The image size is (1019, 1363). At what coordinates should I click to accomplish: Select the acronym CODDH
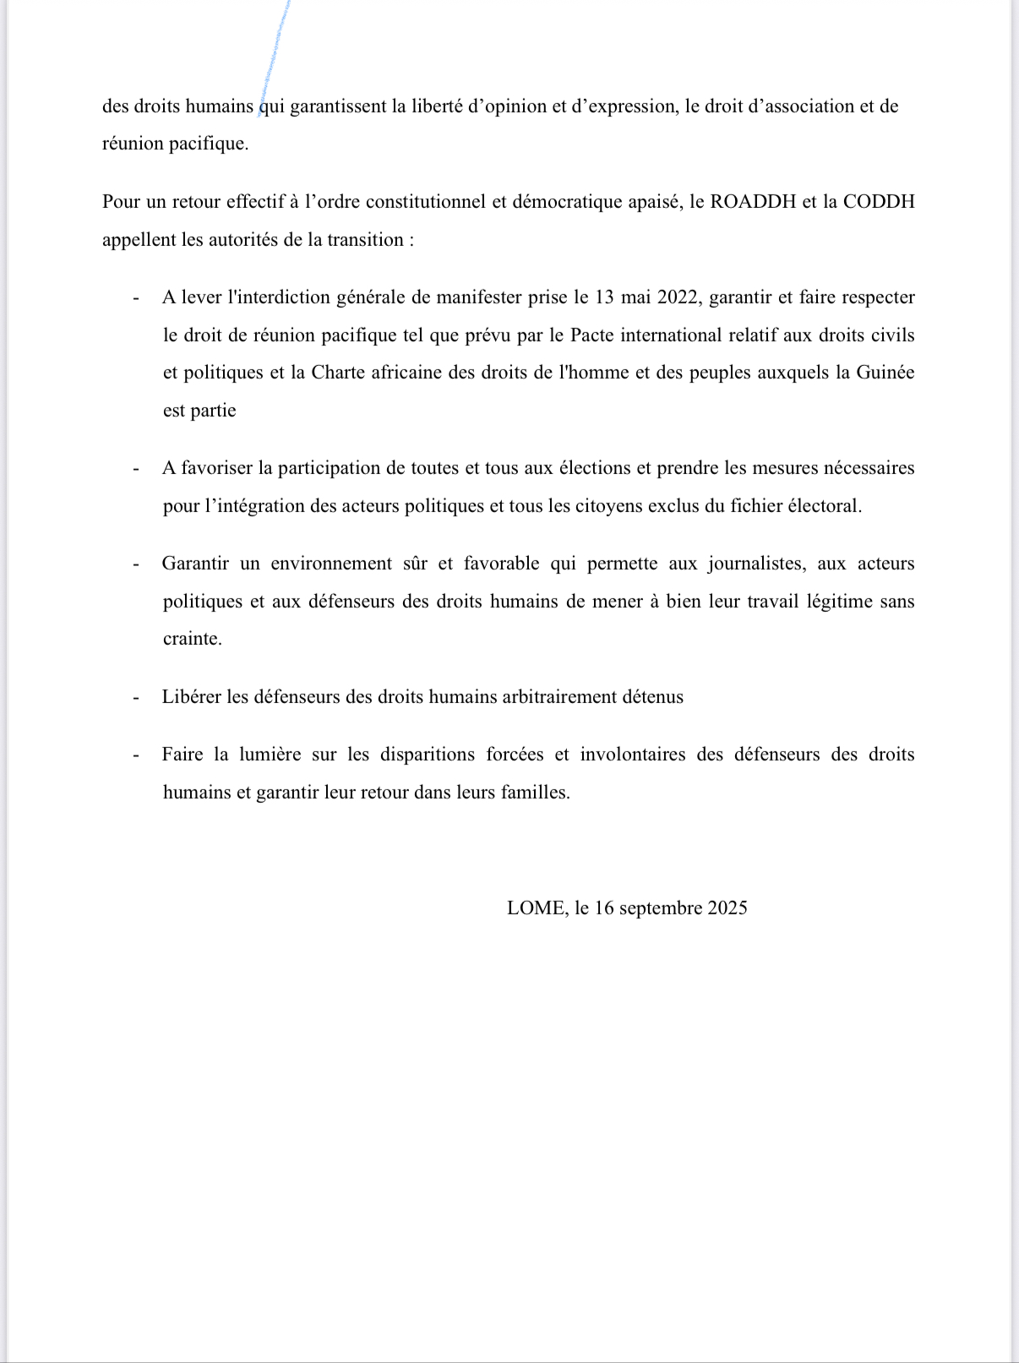(x=879, y=202)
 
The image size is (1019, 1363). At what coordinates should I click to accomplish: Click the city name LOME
(x=536, y=908)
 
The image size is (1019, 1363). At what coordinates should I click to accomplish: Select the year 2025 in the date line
(x=727, y=908)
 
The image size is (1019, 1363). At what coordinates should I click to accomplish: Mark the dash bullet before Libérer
(x=135, y=698)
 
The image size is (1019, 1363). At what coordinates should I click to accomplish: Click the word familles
(x=535, y=793)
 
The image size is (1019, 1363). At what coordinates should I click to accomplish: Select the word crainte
(x=193, y=639)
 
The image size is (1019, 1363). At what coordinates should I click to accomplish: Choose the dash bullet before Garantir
(x=135, y=564)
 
